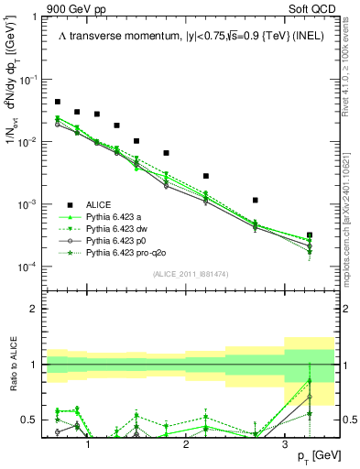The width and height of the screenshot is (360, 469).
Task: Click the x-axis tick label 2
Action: [186, 443]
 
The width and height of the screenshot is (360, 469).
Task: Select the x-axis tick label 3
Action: [285, 443]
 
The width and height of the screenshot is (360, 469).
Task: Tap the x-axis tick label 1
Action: [88, 443]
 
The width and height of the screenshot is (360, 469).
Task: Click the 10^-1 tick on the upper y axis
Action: [32, 80]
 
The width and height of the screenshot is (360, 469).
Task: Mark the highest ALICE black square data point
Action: [58, 102]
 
